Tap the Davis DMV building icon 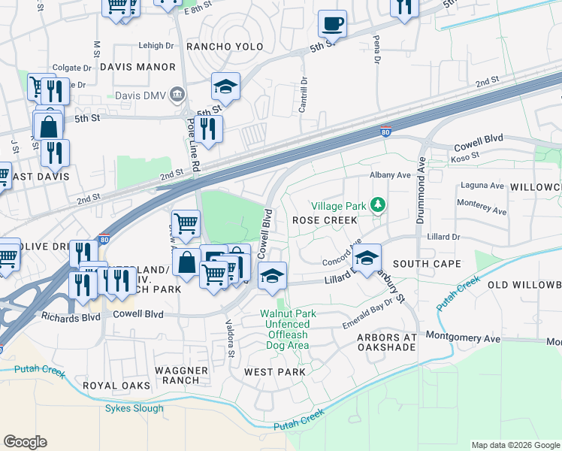coord(178,95)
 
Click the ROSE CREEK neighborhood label coord(324,220)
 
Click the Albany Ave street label coord(390,174)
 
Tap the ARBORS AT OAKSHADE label coord(386,343)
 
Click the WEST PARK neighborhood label coord(275,372)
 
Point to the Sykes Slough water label coord(134,408)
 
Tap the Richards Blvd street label coord(71,317)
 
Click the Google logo coord(25,442)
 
